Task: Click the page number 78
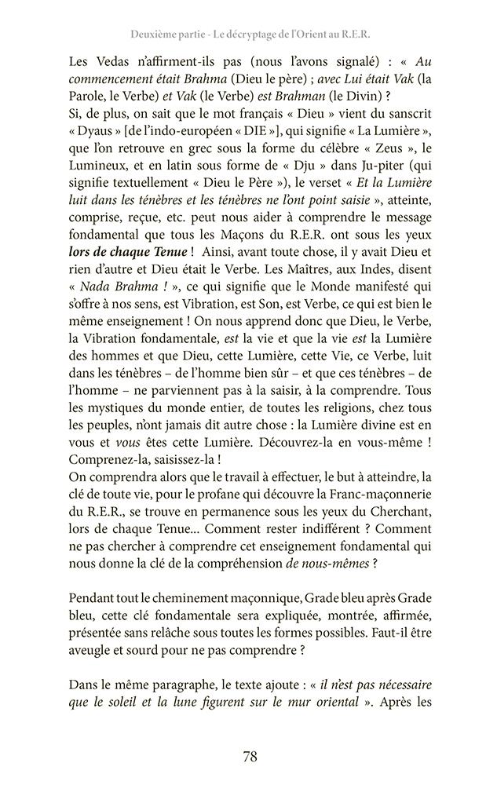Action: tap(249, 757)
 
